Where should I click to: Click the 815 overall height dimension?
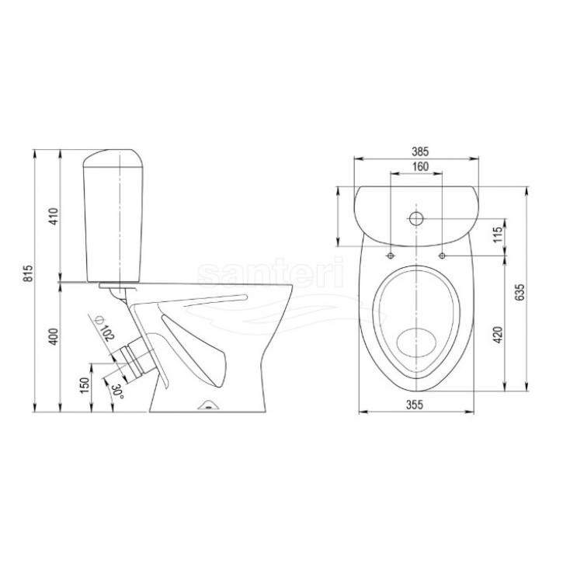[29, 273]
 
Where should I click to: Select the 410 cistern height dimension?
[54, 216]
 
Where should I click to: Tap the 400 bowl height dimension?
[54, 336]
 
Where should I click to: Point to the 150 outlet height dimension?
[85, 385]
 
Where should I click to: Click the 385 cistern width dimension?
[421, 151]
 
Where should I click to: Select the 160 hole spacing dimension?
[421, 166]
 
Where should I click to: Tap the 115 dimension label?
[498, 234]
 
